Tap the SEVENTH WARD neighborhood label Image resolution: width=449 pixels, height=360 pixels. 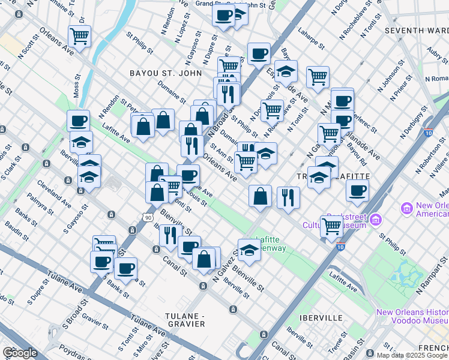[x=417, y=30]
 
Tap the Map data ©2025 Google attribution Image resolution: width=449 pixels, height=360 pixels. [x=412, y=355]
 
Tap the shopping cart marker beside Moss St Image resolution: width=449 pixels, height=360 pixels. [x=79, y=37]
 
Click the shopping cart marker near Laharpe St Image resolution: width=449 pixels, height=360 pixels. [x=317, y=76]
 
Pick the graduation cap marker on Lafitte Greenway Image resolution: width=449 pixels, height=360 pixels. [x=250, y=250]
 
